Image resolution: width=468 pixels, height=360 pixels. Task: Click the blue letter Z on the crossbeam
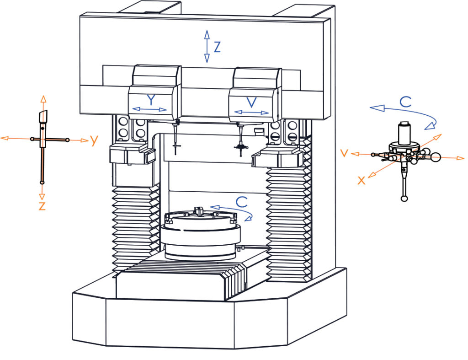click(217, 47)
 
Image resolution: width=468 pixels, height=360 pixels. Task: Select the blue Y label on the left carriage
click(151, 100)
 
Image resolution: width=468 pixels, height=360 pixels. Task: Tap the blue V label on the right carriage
click(252, 102)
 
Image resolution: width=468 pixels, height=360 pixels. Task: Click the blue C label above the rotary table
click(241, 202)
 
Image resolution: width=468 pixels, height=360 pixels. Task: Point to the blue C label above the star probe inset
click(406, 102)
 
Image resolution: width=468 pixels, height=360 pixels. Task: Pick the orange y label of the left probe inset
click(94, 140)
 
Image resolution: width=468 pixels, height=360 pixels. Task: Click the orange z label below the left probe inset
click(42, 206)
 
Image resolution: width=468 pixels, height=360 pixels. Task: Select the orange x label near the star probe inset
click(362, 180)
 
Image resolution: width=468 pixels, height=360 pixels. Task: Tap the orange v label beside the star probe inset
click(345, 153)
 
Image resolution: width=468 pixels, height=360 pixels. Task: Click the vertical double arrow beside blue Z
click(207, 47)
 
